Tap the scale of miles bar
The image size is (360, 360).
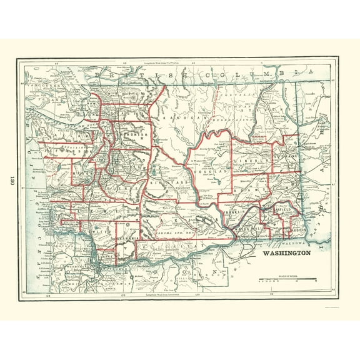(x=287, y=279)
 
